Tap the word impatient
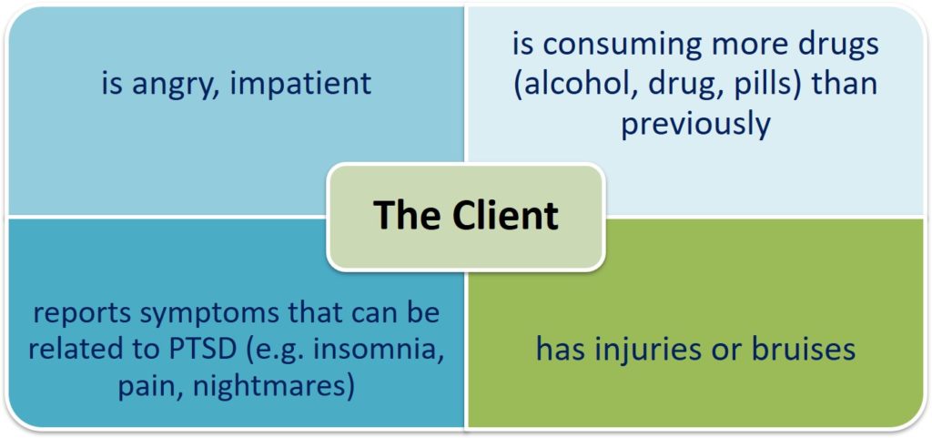(300, 85)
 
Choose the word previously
(695, 126)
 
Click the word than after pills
(844, 85)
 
